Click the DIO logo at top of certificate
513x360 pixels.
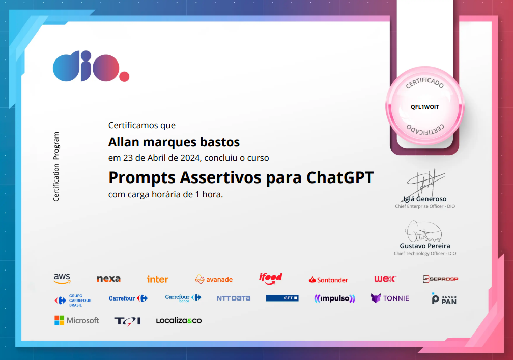click(91, 67)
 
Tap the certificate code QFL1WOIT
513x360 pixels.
click(424, 107)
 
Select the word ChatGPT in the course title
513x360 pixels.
click(340, 177)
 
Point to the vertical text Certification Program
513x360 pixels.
click(56, 167)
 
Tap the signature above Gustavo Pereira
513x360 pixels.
click(424, 231)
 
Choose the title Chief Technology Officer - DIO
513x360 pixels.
click(425, 253)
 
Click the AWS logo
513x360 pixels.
click(62, 279)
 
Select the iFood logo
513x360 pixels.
click(270, 278)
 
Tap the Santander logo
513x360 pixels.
click(328, 279)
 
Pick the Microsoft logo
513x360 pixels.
click(77, 320)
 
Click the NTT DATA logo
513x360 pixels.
click(233, 298)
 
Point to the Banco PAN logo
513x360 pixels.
click(444, 298)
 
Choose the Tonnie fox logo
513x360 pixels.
click(390, 298)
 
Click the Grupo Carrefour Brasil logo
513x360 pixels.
click(73, 299)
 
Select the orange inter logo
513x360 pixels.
click(157, 279)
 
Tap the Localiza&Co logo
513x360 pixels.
click(179, 321)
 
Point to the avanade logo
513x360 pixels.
click(214, 279)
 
